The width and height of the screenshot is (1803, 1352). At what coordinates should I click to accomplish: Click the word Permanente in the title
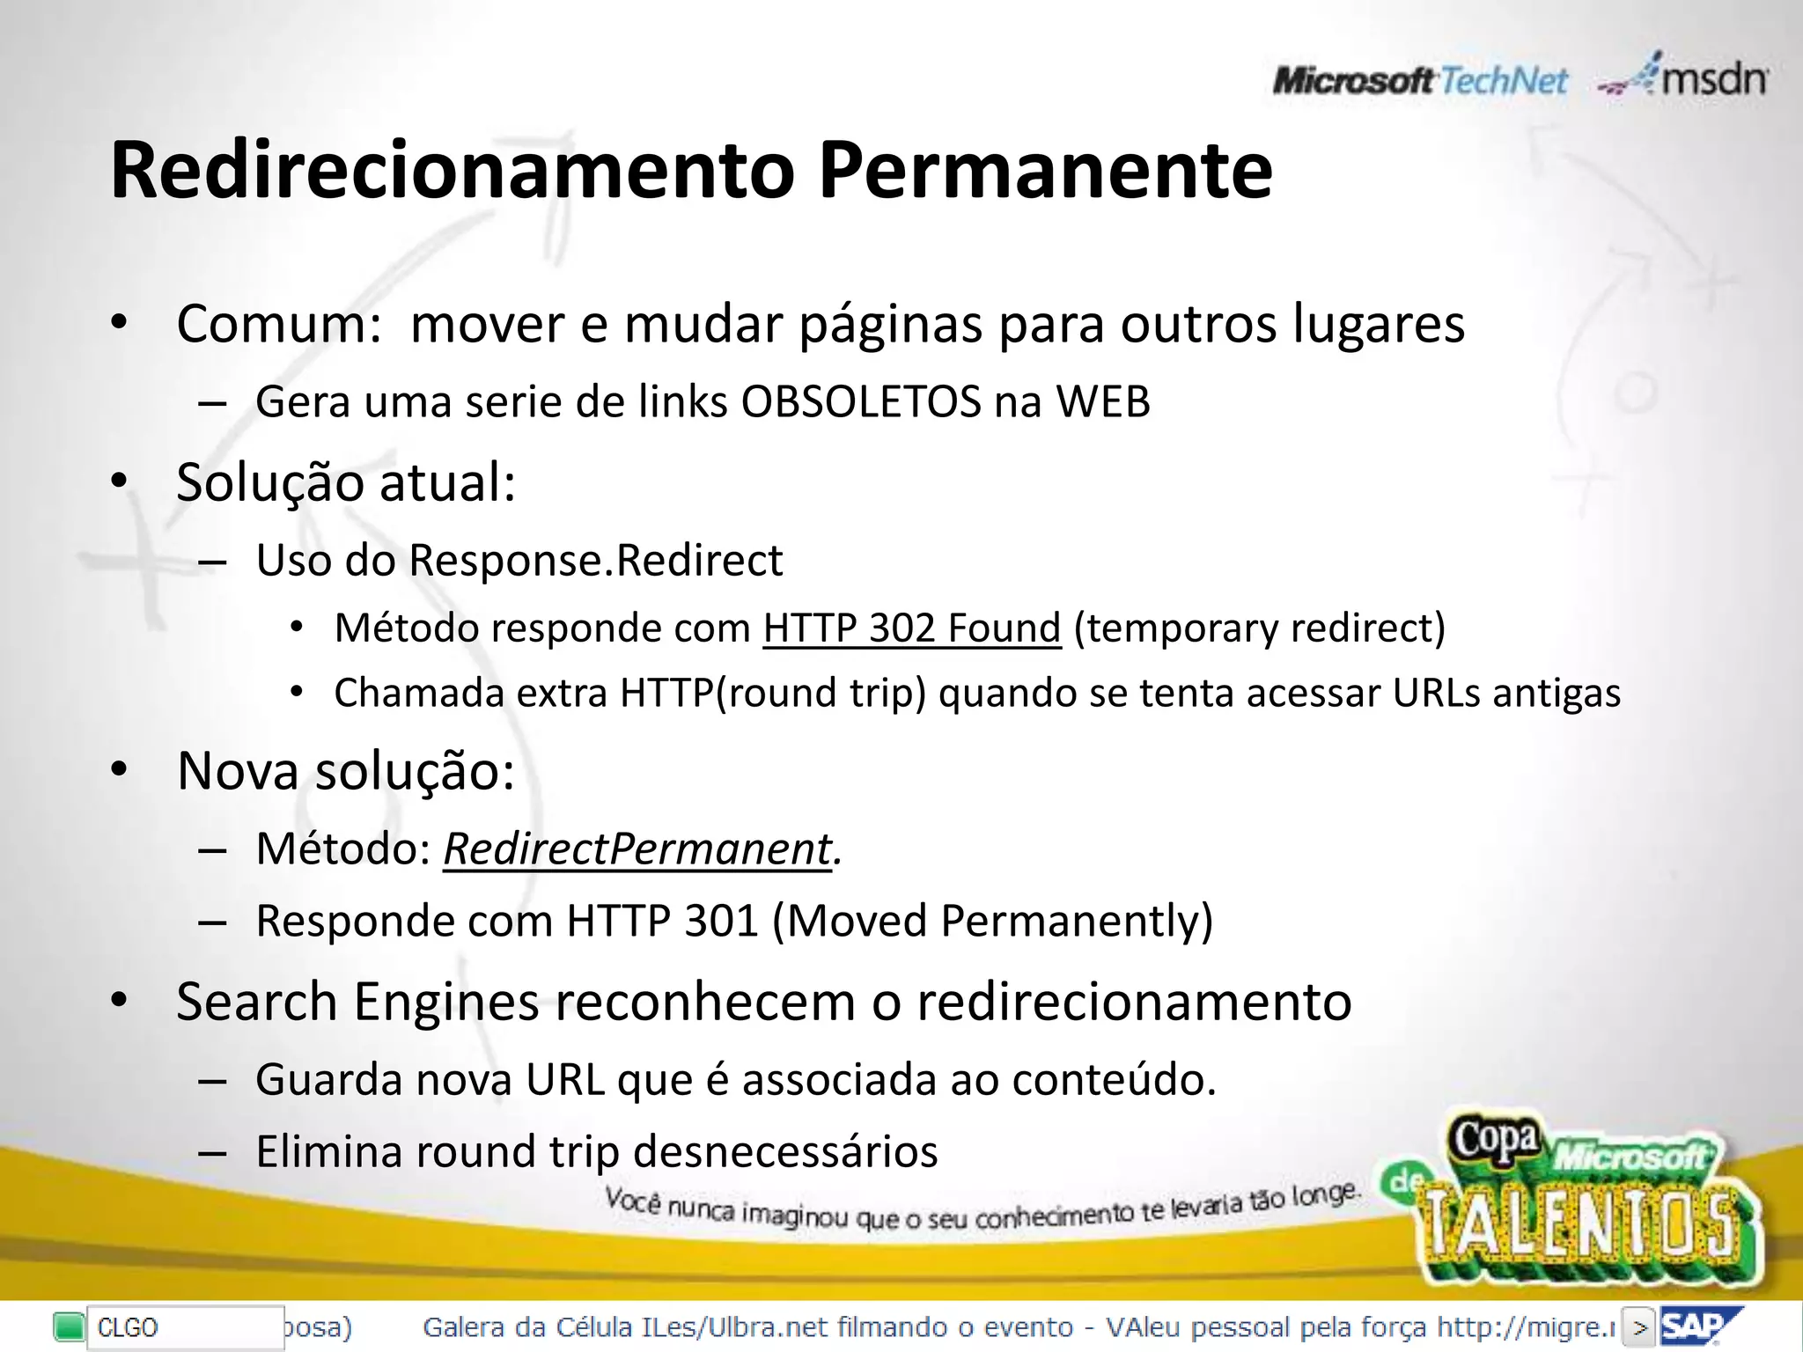click(x=1045, y=172)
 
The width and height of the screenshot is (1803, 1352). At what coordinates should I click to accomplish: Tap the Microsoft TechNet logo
click(x=1419, y=82)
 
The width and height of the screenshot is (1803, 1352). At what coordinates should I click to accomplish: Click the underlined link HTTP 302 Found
click(x=912, y=628)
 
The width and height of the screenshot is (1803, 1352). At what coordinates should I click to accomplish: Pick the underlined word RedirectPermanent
click(x=637, y=849)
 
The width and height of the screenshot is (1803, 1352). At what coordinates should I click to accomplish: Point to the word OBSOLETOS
click(x=860, y=402)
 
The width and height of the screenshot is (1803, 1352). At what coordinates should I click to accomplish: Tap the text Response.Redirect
click(x=595, y=561)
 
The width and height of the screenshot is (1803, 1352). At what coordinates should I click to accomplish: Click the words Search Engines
click(x=357, y=1002)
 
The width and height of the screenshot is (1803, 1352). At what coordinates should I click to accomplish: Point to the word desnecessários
click(x=785, y=1151)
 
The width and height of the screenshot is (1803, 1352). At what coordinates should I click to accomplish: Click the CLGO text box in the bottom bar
click(x=183, y=1327)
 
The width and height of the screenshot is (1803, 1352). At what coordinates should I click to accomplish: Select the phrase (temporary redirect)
click(x=1260, y=628)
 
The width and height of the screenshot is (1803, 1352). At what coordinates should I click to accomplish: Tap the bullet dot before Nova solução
click(x=120, y=771)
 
